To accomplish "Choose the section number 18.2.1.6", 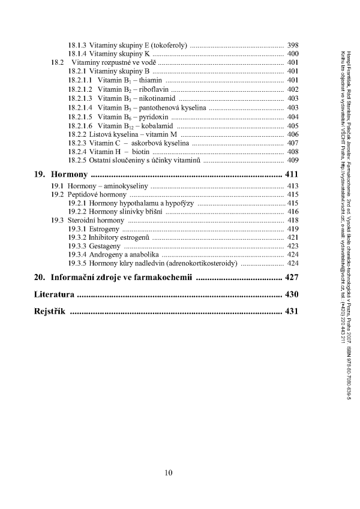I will (80, 126).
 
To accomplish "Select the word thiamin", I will (149, 80).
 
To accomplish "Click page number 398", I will (293, 45).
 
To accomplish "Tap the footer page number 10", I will (169, 472).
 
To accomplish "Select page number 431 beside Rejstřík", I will (292, 312).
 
